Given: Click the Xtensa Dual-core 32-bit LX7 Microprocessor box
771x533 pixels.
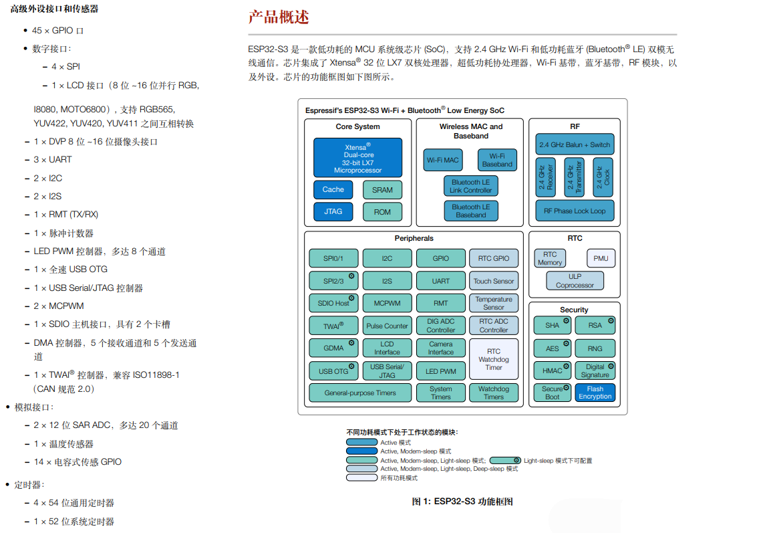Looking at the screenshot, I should pyautogui.click(x=357, y=158).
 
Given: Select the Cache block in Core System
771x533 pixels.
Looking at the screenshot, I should pyautogui.click(x=333, y=190).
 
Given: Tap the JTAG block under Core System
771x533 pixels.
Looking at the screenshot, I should pyautogui.click(x=333, y=212).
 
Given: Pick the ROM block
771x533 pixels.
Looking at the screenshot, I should pyautogui.click(x=382, y=212).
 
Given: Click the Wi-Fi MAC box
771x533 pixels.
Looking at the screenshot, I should pyautogui.click(x=442, y=161).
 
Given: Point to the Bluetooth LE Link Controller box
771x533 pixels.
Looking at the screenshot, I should pyautogui.click(x=470, y=186).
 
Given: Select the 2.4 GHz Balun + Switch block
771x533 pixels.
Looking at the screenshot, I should pyautogui.click(x=575, y=145).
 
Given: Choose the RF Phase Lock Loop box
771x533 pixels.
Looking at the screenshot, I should pyautogui.click(x=575, y=211).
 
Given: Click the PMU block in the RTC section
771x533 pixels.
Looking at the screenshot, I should pyautogui.click(x=600, y=258).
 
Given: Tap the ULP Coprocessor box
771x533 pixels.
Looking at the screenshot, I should pyautogui.click(x=575, y=281).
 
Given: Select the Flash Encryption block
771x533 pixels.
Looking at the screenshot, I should pyautogui.click(x=595, y=393).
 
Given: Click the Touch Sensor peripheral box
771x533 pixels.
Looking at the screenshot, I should pyautogui.click(x=494, y=282).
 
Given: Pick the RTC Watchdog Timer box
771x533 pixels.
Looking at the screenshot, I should pyautogui.click(x=494, y=359).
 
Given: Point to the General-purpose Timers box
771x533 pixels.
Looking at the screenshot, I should pyautogui.click(x=360, y=393).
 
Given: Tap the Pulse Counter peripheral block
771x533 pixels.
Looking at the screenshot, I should pyautogui.click(x=387, y=326).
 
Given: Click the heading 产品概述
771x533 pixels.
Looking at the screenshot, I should pyautogui.click(x=279, y=17).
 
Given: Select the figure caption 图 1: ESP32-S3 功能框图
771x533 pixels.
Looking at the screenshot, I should pyautogui.click(x=462, y=502).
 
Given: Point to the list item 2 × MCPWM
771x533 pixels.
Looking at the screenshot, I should pyautogui.click(x=59, y=306).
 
